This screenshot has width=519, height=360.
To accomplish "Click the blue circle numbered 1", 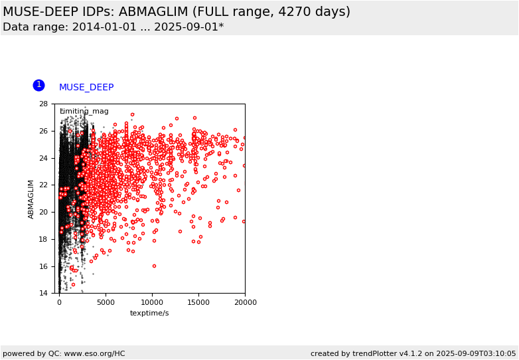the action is tap(38, 86).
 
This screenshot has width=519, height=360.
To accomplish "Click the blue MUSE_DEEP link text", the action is tap(86, 87).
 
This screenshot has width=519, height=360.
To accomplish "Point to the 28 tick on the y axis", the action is tap(54, 104).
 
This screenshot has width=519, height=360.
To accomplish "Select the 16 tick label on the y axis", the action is tap(43, 266).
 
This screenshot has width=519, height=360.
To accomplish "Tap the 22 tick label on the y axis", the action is tap(43, 185).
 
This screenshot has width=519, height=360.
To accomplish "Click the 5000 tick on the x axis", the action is tap(106, 294).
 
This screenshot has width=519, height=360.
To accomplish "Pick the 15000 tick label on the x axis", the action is tap(198, 302).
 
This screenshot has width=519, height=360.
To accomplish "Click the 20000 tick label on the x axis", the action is tap(246, 302).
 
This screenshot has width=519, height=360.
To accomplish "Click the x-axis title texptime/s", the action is tap(149, 313).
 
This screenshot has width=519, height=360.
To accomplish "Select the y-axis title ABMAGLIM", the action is tap(31, 199).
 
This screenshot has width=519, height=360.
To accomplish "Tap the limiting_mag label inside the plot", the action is tap(84, 112).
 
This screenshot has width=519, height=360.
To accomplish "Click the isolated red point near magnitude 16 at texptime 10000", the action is tap(154, 266).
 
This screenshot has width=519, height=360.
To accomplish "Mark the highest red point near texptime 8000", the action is tap(132, 115).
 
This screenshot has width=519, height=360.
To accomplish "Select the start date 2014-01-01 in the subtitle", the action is tap(104, 27).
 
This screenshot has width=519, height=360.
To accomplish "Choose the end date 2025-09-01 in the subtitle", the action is tap(186, 27).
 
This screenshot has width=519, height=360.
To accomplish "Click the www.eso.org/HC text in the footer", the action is tap(94, 353).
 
